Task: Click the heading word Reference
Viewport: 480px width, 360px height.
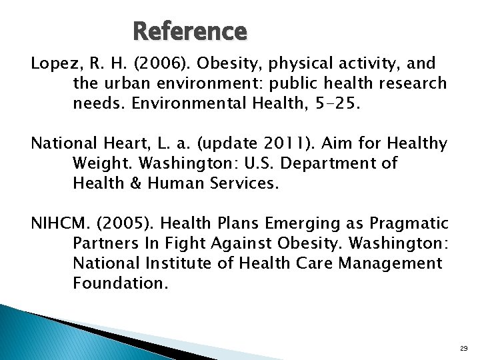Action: click(x=190, y=31)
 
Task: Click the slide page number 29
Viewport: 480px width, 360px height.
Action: click(x=464, y=347)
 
